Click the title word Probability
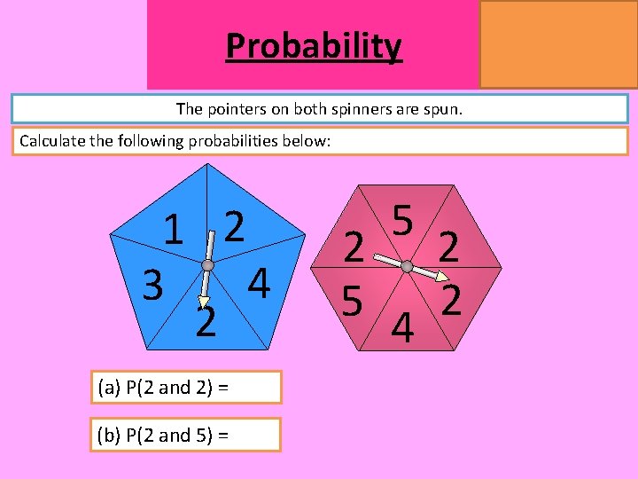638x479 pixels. point(314,45)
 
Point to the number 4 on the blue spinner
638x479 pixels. point(258,284)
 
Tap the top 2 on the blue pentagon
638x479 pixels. point(234,227)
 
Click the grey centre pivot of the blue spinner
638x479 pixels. point(207,265)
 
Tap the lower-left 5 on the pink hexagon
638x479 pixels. point(353,302)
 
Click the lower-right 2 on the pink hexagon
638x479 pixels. point(451,302)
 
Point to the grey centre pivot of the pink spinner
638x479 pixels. point(406,265)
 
